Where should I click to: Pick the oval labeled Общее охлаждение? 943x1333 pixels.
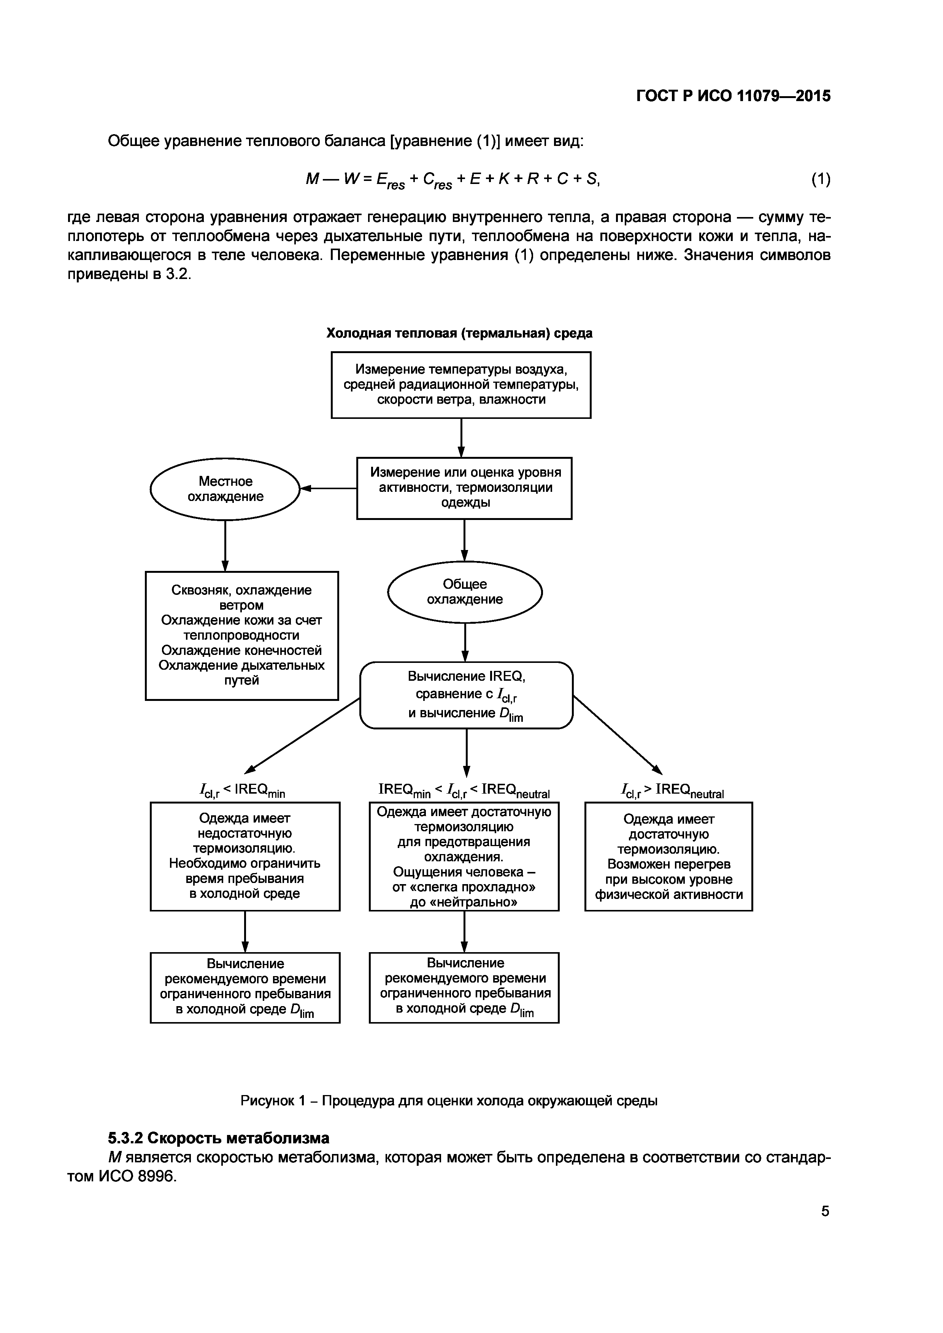[x=465, y=591]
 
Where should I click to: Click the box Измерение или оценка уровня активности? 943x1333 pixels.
[x=464, y=488]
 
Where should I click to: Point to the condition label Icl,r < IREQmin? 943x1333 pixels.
[x=242, y=790]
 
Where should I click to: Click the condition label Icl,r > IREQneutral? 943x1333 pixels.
[x=672, y=790]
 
